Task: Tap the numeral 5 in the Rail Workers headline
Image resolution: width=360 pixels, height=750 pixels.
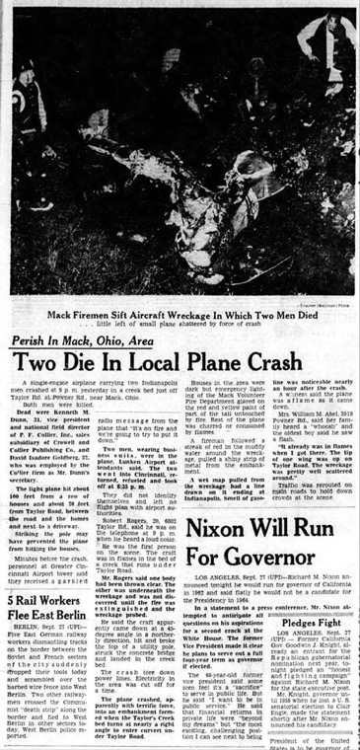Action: click(9, 599)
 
